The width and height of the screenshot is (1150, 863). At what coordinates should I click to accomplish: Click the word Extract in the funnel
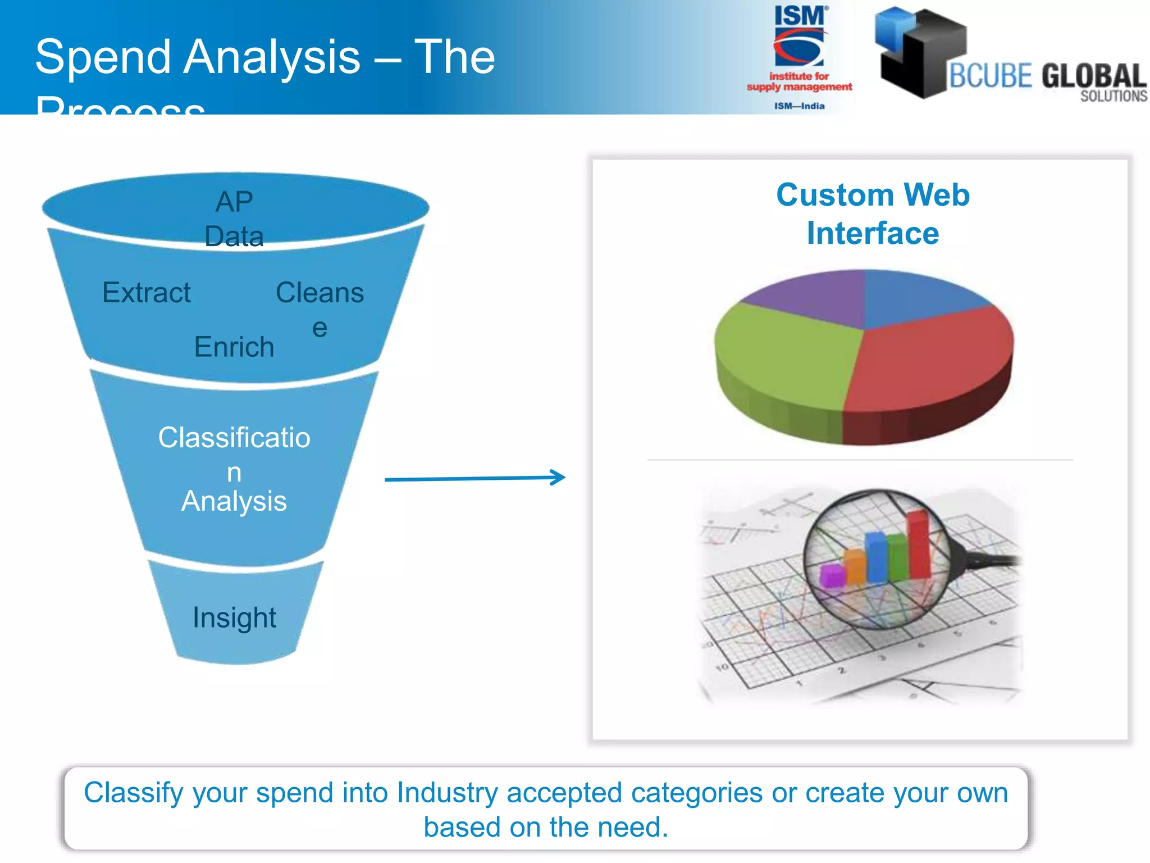[147, 293]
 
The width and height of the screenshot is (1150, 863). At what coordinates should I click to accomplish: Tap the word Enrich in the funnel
[234, 347]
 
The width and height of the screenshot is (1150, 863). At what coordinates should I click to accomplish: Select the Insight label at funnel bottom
[234, 617]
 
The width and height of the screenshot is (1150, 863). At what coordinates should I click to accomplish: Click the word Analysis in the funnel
[234, 501]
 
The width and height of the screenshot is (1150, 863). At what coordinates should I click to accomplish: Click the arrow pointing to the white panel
[474, 478]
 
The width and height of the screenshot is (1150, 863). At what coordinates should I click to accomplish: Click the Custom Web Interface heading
[873, 214]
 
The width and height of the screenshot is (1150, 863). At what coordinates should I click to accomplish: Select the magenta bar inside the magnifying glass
[832, 575]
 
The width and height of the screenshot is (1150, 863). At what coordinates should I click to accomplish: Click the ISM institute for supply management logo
[799, 56]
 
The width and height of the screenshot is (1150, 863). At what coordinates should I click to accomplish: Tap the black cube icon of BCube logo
[921, 53]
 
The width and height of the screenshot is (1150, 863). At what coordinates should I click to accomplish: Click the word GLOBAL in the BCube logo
[1093, 76]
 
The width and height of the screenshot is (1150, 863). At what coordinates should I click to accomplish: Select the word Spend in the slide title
[103, 57]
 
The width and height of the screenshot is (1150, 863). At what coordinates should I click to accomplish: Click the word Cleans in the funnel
[320, 293]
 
